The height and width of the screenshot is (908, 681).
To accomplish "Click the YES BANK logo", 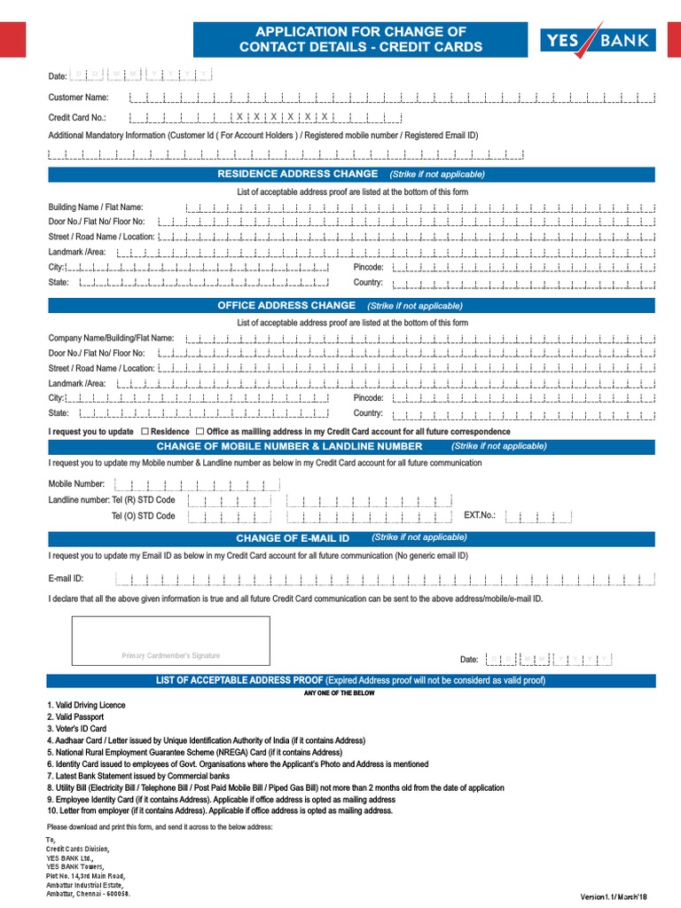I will [599, 40].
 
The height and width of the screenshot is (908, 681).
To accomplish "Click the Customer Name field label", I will [78, 98].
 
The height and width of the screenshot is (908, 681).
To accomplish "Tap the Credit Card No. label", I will [77, 117].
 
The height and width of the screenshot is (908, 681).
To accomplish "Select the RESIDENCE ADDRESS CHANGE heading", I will [298, 174].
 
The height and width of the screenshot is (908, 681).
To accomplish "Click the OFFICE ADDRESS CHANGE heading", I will [286, 305].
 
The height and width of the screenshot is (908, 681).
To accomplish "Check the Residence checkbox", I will [145, 431].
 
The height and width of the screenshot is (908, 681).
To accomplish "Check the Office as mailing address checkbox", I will [200, 431].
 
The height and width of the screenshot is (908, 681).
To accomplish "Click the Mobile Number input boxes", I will [199, 484].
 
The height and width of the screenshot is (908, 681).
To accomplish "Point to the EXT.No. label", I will [480, 515].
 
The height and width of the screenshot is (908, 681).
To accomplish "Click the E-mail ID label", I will [66, 578].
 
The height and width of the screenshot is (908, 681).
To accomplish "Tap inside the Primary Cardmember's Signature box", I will [170, 644].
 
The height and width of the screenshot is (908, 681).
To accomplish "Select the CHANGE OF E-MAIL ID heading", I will [293, 538].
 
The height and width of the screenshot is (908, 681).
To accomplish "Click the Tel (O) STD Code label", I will [143, 515].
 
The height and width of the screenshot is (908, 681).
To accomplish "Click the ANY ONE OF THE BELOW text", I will [340, 693].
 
